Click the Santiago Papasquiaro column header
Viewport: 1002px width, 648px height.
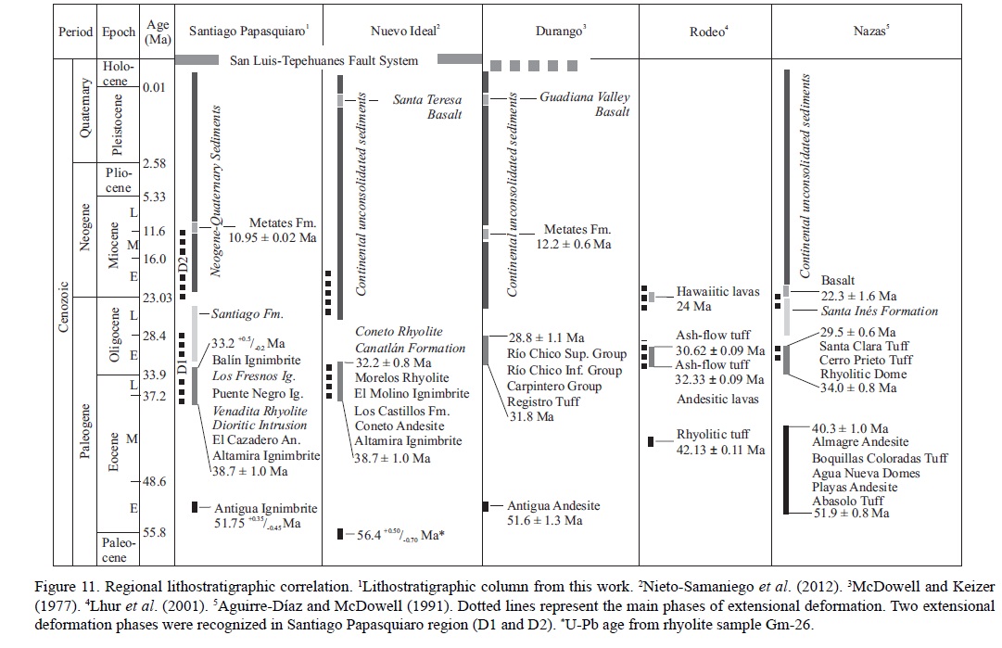[248, 31]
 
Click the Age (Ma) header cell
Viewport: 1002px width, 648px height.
[158, 31]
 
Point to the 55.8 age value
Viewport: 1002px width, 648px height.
[154, 532]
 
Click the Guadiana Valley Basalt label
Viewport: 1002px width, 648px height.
[585, 104]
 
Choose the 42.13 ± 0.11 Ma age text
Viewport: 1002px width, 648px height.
[721, 450]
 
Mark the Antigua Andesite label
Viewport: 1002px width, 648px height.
[552, 505]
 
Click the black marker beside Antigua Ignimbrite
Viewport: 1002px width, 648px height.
[195, 507]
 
